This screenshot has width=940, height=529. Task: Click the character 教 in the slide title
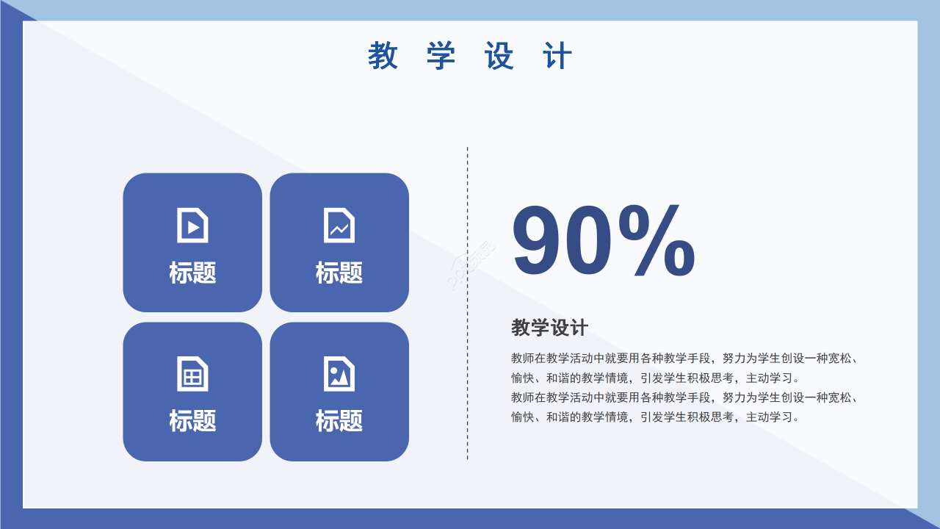point(383,56)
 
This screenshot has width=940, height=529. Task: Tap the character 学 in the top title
point(441,56)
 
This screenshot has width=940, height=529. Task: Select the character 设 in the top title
point(499,56)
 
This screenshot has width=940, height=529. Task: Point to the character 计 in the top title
point(558,56)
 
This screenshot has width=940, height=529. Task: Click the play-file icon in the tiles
point(192,225)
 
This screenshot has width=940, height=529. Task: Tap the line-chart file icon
point(339,225)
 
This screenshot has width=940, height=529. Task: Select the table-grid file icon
point(192,373)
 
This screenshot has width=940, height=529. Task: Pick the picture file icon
point(339,373)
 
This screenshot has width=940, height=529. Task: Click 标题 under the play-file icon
point(192,273)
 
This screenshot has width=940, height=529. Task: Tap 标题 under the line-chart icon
point(339,273)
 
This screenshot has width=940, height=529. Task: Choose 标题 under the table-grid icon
point(192,421)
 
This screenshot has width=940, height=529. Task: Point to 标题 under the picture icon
point(339,421)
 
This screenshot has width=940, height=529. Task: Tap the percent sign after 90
point(656,240)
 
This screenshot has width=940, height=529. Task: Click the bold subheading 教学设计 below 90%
point(549,328)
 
